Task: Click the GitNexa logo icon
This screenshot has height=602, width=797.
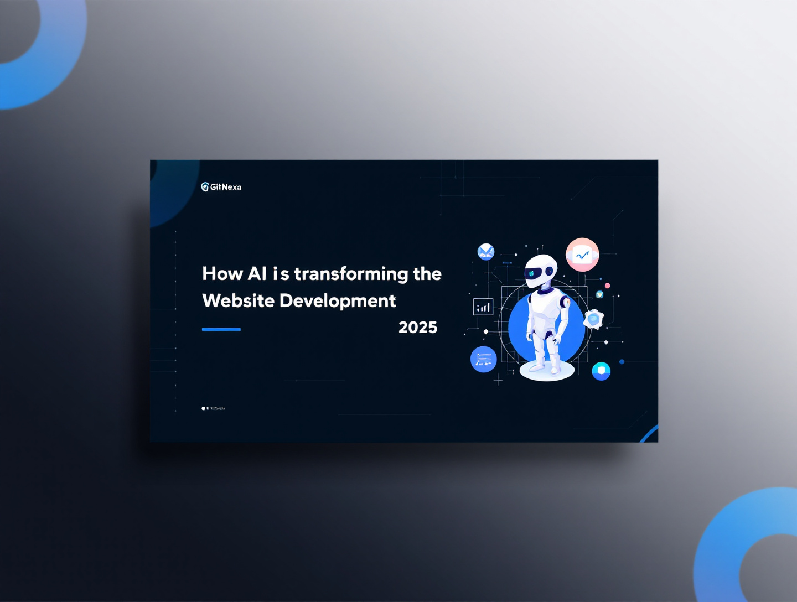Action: coord(205,187)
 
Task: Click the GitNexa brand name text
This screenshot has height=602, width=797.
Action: coord(226,187)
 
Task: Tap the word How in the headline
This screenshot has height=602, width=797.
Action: coord(222,273)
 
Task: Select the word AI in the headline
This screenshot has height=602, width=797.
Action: coord(257,273)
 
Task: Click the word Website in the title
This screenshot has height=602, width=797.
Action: coord(238,300)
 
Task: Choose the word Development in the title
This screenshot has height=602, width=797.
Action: coord(338,300)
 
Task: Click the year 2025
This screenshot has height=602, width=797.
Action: coord(418,328)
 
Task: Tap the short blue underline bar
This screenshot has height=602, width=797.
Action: coord(221,329)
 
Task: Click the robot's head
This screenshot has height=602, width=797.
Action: coord(541,271)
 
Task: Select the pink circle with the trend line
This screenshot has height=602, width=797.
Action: coord(582,255)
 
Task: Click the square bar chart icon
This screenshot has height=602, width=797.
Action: coord(483,307)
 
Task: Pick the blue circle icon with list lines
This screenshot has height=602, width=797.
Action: coord(483,360)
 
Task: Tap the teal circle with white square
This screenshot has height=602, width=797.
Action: coord(601,371)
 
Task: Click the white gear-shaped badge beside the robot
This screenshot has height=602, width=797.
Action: coord(593,319)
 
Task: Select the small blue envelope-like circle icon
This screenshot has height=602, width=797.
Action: coord(486,252)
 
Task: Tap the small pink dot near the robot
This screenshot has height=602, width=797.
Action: coord(607,286)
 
